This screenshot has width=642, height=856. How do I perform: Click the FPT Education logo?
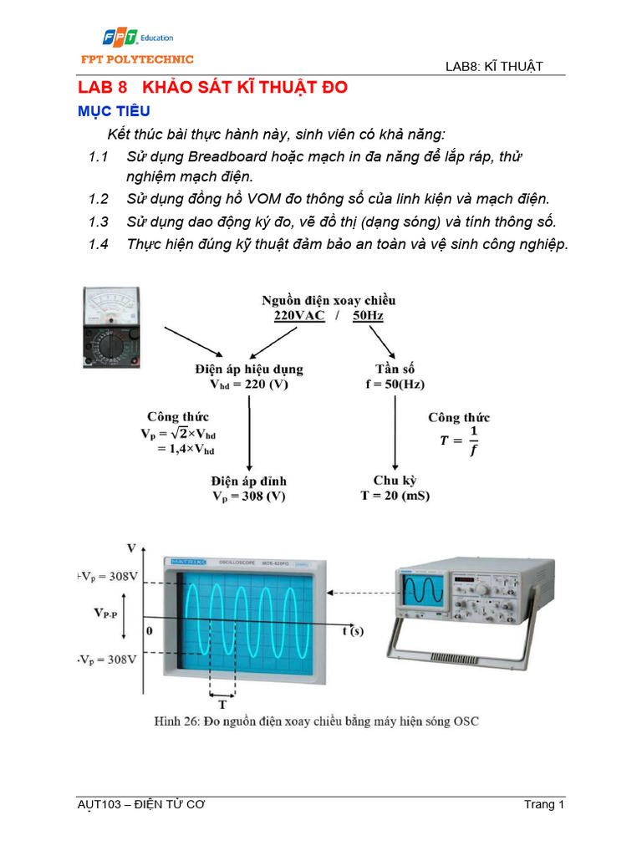tap(138, 38)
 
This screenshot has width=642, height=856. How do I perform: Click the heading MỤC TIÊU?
tap(114, 111)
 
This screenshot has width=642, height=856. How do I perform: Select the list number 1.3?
tap(99, 222)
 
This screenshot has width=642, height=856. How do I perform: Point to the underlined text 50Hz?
tap(367, 316)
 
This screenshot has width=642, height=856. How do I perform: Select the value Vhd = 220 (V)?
tap(248, 384)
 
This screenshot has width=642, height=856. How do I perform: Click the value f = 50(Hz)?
tap(395, 384)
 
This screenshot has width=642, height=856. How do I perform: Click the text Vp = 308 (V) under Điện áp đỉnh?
tap(248, 496)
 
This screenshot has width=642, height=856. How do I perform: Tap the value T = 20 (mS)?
tap(395, 495)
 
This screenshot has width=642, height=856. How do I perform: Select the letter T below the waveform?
tap(222, 704)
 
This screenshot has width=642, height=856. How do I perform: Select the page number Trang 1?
tap(544, 805)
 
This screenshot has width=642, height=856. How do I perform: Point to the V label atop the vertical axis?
tap(131, 548)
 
